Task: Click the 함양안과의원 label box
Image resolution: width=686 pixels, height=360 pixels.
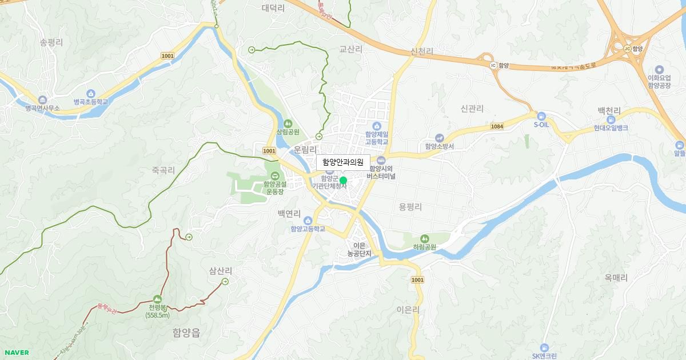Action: (x=343, y=162)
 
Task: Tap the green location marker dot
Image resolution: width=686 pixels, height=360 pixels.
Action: (x=343, y=181)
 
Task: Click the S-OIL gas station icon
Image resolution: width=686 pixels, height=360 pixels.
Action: (x=541, y=116)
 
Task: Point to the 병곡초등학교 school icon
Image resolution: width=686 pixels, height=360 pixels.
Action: (x=90, y=94)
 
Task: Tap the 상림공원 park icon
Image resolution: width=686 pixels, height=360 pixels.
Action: (x=288, y=123)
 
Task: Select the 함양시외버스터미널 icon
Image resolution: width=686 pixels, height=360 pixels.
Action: (x=381, y=160)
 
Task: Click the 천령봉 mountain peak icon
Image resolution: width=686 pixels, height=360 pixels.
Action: (x=157, y=299)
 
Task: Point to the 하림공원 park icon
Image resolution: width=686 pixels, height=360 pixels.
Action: (x=424, y=238)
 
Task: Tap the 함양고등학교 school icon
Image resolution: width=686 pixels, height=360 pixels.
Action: (x=308, y=221)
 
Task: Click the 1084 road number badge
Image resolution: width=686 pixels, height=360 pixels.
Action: (x=496, y=126)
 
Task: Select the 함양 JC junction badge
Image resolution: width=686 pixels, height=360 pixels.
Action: (x=627, y=49)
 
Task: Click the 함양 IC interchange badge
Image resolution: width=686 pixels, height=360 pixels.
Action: (x=493, y=65)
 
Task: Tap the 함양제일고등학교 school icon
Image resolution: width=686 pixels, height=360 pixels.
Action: (x=376, y=126)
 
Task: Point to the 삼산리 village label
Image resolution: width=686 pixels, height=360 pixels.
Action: (x=221, y=270)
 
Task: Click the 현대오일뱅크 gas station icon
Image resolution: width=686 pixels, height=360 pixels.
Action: (x=611, y=119)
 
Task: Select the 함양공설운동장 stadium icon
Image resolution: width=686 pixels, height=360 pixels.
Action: (x=275, y=175)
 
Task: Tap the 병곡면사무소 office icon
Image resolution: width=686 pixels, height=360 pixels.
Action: (x=42, y=99)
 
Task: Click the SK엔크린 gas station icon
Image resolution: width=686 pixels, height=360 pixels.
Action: (x=544, y=347)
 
